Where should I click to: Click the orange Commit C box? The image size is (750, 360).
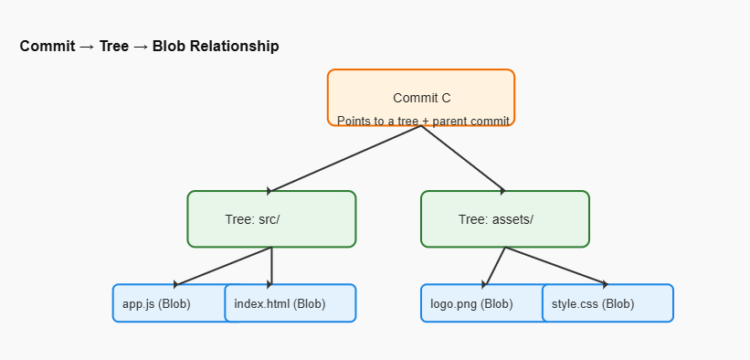421,98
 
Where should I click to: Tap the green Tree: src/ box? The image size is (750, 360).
271,218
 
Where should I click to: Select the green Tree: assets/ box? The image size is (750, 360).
505,218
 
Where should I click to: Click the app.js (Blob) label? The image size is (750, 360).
156,304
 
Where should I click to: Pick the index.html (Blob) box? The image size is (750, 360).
290,303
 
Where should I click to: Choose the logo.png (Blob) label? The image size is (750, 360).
471,304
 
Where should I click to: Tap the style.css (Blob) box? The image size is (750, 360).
607,303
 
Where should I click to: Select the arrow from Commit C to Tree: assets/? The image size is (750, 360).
463,158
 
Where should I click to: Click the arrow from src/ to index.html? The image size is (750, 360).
271,266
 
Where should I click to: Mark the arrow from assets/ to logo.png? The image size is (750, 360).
494,266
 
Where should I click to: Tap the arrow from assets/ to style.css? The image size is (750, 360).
556,266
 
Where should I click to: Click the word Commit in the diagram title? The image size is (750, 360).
48,47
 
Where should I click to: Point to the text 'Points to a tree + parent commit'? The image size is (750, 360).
423,122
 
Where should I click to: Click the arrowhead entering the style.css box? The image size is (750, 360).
606,285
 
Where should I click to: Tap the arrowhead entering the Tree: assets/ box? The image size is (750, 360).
503,191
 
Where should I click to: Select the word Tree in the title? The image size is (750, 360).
114,47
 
